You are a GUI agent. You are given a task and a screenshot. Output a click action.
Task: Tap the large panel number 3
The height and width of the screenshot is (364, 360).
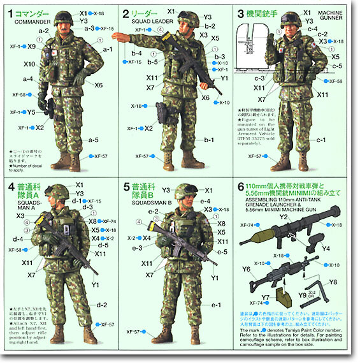(241, 13)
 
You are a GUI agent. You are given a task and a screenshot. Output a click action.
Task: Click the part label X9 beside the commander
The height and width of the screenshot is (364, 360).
(32, 47)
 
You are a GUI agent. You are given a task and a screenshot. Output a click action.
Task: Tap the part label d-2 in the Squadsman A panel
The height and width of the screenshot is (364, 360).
(101, 305)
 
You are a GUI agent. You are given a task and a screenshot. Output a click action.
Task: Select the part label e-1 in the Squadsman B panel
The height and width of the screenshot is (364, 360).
(216, 305)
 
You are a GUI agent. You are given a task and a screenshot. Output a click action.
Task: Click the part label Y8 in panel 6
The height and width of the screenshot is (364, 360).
(333, 282)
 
